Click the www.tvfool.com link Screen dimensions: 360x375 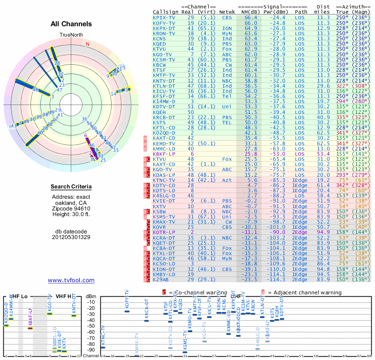pyautogui.click(x=71, y=280)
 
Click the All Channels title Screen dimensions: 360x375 pyautogui.click(x=71, y=24)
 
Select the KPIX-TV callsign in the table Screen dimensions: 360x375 pyautogui.click(x=164, y=17)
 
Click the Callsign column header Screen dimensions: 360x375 pyautogui.click(x=166, y=12)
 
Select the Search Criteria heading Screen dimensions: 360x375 pyautogui.click(x=71, y=187)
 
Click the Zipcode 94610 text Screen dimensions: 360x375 pyautogui.click(x=71, y=209)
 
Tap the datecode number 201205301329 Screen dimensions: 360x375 pyautogui.click(x=71, y=237)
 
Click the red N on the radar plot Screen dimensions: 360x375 pyautogui.click(x=87, y=44)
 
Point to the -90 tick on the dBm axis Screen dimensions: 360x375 pyautogui.click(x=91, y=350)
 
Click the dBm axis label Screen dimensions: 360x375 pyautogui.click(x=90, y=296)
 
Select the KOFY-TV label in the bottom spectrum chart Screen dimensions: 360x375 pyautogui.click(x=127, y=299)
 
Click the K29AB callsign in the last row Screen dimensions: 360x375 pyautogui.click(x=161, y=279)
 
